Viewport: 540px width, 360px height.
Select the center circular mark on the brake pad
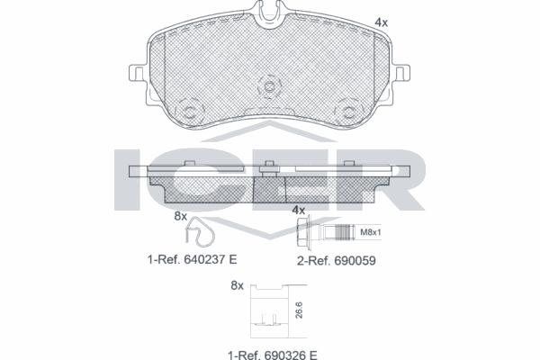[268, 87]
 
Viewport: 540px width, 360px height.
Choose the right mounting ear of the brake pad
[400, 72]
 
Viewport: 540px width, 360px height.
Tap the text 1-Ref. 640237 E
[191, 259]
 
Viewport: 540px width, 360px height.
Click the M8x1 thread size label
[371, 234]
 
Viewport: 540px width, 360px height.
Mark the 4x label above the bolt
[298, 211]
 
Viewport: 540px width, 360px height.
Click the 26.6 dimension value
[296, 310]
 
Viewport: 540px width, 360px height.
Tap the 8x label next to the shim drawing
[237, 285]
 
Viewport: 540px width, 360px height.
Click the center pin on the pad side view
[267, 166]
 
